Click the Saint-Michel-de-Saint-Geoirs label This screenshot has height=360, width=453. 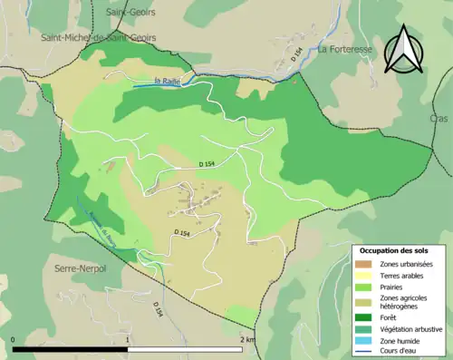98,37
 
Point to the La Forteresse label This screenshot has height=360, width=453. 347,50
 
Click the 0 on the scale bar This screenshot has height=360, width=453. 14,339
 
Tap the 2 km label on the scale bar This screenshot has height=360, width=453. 246,339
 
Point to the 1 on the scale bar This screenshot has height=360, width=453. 129,339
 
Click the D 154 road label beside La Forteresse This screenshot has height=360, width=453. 296,59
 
